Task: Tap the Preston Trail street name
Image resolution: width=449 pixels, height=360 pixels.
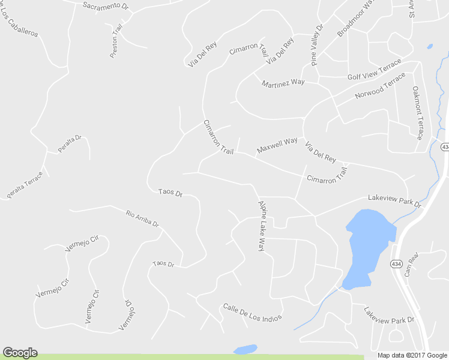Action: point(116,41)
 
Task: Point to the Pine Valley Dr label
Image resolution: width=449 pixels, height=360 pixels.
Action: point(317,45)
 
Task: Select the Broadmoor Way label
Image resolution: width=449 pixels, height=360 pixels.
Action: point(355,19)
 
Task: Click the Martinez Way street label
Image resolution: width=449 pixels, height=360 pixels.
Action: point(283,83)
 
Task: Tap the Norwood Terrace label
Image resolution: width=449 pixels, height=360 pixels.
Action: point(380,87)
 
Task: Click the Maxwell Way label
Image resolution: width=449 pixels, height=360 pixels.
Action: point(277,145)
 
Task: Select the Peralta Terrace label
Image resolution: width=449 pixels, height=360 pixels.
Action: point(25,185)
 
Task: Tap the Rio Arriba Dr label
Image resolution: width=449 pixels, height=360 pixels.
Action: point(142,218)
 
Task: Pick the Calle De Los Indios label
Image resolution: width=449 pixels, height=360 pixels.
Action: point(252,312)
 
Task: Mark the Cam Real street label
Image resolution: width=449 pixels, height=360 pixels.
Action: point(411,263)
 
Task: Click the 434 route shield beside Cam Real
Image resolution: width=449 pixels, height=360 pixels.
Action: point(396,263)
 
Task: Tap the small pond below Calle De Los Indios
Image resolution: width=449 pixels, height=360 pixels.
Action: point(245,349)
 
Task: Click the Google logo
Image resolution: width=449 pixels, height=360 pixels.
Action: point(20,353)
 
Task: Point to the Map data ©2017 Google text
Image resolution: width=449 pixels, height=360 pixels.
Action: point(412,355)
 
